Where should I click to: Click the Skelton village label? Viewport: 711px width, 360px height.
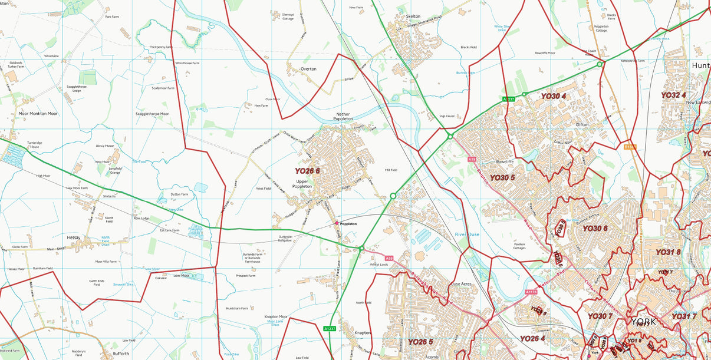(x=413, y=16)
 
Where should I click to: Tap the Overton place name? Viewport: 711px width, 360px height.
(x=308, y=69)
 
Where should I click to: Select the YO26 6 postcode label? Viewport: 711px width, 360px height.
(x=307, y=171)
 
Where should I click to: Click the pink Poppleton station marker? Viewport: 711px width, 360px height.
(x=337, y=223)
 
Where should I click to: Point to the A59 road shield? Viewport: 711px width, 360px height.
(x=389, y=258)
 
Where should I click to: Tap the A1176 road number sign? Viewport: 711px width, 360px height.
(x=531, y=292)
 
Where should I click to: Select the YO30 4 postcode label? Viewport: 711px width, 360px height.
(x=553, y=96)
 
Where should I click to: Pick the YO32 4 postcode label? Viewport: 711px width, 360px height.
(x=673, y=95)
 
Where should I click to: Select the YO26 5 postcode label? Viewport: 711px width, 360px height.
(x=420, y=342)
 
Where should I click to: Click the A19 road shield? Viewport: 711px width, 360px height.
(x=471, y=159)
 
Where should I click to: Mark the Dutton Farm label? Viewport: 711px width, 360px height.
(x=179, y=194)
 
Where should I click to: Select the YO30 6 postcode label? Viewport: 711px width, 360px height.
(x=594, y=228)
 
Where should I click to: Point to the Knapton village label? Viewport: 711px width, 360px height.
(x=363, y=333)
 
